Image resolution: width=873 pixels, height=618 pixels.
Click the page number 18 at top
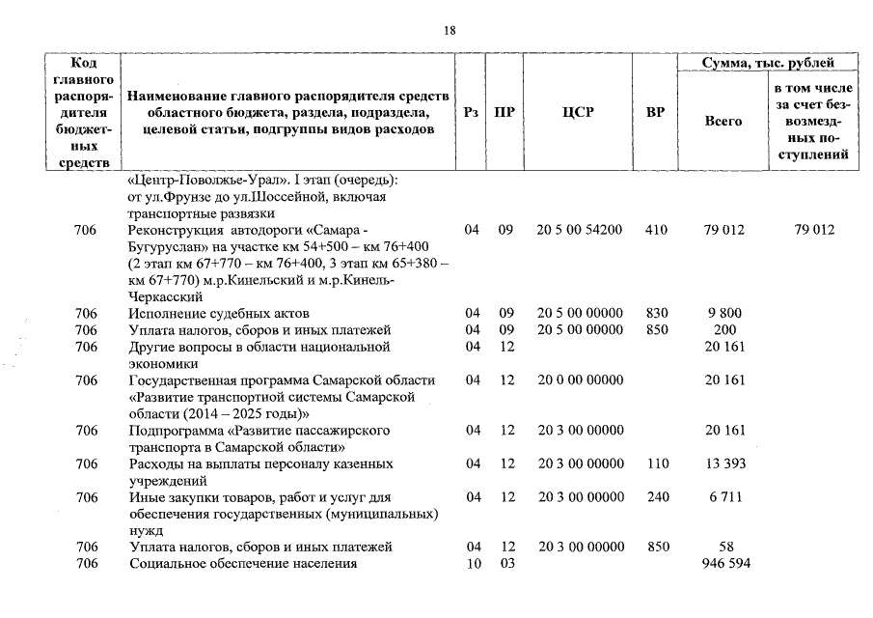[449, 31]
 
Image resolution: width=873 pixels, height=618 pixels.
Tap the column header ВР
[655, 113]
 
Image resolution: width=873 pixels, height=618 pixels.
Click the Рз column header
[471, 113]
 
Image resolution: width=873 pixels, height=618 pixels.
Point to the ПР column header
[504, 113]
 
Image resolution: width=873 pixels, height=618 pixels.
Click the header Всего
[723, 122]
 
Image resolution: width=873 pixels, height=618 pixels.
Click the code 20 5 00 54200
[579, 230]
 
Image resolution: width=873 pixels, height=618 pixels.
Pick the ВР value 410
[658, 230]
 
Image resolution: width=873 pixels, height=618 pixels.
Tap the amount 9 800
[724, 313]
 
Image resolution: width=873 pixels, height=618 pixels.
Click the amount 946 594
[724, 564]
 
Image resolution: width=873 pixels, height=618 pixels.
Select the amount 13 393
[724, 463]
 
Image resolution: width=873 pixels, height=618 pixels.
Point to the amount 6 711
[724, 497]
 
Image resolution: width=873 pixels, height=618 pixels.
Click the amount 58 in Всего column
[724, 548]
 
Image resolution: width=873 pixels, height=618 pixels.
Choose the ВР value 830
[658, 313]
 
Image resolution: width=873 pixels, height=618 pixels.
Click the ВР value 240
[658, 497]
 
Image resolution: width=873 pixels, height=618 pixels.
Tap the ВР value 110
[658, 463]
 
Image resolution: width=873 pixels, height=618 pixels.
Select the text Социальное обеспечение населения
[243, 564]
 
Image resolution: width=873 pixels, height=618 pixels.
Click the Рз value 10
[473, 564]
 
